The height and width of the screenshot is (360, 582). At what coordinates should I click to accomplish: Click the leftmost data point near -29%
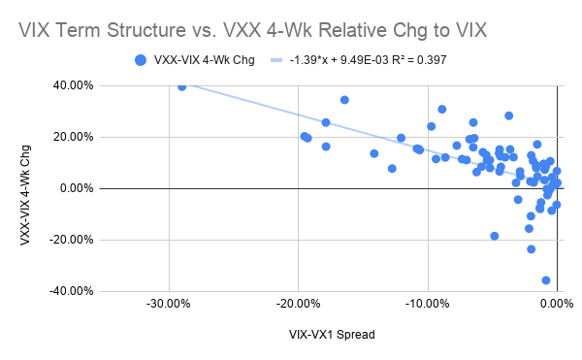tap(181, 86)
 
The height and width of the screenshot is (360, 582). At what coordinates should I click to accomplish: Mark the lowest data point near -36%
tap(546, 280)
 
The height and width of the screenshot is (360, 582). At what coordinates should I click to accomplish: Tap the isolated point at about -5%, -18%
tap(495, 236)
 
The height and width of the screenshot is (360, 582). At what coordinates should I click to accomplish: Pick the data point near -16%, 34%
tap(344, 100)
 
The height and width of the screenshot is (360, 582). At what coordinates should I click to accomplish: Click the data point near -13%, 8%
tap(392, 169)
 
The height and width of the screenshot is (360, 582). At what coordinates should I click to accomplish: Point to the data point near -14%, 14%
tap(374, 153)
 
